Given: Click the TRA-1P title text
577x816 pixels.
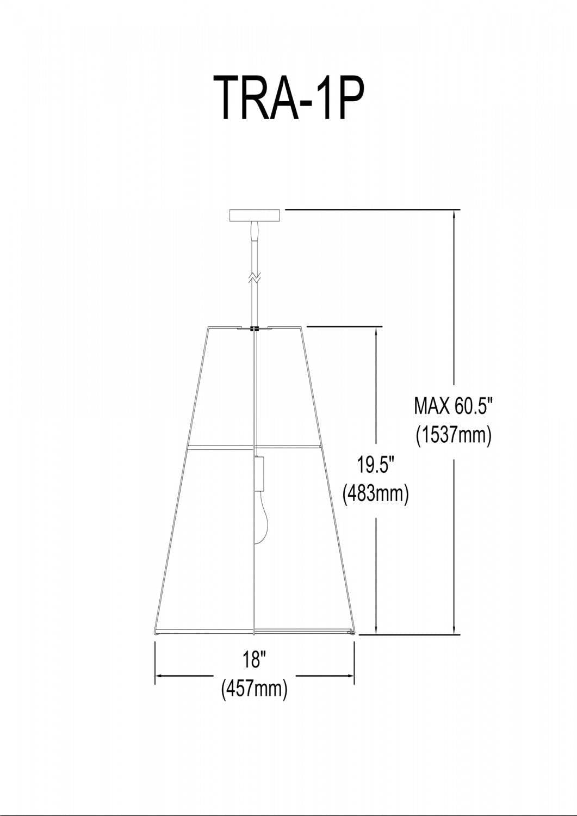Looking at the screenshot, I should [x=288, y=97].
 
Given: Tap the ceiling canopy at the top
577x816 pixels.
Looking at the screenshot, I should [x=255, y=215].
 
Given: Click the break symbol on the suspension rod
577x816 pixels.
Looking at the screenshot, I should [x=254, y=277].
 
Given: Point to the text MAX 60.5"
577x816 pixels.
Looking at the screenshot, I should [x=454, y=405].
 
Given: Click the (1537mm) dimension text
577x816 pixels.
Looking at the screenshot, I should [x=454, y=435].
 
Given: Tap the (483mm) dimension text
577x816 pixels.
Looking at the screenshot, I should [x=375, y=494].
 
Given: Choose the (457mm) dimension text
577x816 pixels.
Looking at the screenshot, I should [x=254, y=689].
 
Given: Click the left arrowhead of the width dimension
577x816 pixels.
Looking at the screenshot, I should [x=159, y=676].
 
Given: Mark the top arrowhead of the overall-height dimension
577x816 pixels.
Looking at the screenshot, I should [x=454, y=214].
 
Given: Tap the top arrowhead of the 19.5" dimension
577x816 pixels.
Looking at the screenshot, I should [x=376, y=331].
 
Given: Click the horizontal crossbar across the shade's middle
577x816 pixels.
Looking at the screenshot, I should [x=254, y=446].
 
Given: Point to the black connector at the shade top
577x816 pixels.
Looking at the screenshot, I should [x=254, y=329].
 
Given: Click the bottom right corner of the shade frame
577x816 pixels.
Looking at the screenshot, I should [x=353, y=633].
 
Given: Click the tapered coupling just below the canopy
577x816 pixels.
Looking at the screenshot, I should [x=254, y=231].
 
